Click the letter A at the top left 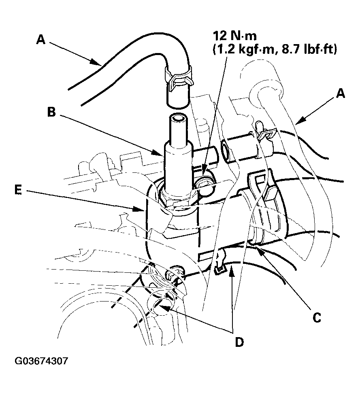tap(40, 39)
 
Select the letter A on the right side tap(341, 94)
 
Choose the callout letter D tap(239, 342)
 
